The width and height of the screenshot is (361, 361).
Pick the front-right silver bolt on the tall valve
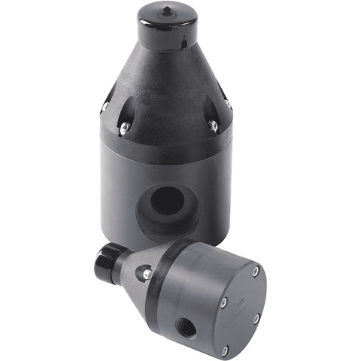pyautogui.click(x=214, y=126)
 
